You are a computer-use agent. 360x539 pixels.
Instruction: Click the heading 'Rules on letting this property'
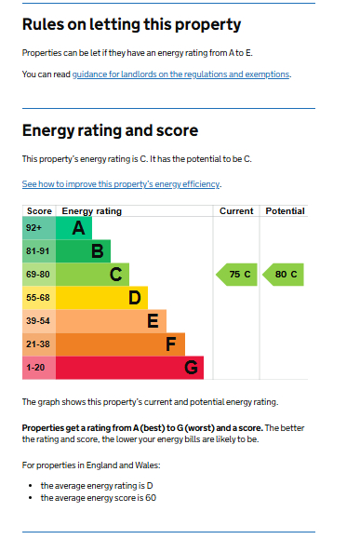pyautogui.click(x=131, y=25)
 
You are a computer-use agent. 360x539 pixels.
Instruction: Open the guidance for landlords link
pyautogui.click(x=181, y=74)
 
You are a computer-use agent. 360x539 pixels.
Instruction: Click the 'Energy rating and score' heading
pyautogui.click(x=110, y=130)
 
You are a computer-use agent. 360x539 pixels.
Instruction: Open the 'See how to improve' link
pyautogui.click(x=121, y=184)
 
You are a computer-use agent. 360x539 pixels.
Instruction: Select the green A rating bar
pyautogui.click(x=74, y=228)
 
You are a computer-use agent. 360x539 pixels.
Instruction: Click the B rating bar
pyautogui.click(x=84, y=251)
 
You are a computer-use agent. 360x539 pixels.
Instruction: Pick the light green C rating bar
pyautogui.click(x=93, y=275)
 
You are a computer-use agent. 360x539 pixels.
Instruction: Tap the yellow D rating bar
pyautogui.click(x=102, y=298)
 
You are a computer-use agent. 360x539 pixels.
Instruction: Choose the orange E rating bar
pyautogui.click(x=112, y=321)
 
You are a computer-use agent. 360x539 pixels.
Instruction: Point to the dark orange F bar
pyautogui.click(x=121, y=344)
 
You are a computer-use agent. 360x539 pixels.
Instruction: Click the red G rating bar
pyautogui.click(x=130, y=368)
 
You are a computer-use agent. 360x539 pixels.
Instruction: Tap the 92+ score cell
pyautogui.click(x=39, y=228)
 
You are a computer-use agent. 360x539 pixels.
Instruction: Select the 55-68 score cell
pyautogui.click(x=39, y=298)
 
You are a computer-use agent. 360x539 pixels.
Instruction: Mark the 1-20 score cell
pyautogui.click(x=39, y=368)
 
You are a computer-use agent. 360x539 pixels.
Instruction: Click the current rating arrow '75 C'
pyautogui.click(x=235, y=275)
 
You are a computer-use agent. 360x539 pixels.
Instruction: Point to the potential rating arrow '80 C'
pyautogui.click(x=282, y=275)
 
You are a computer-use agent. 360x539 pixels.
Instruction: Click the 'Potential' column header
pyautogui.click(x=285, y=211)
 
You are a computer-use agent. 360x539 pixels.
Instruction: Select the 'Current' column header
pyautogui.click(x=236, y=211)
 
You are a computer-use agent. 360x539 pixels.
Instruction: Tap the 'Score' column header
pyautogui.click(x=39, y=211)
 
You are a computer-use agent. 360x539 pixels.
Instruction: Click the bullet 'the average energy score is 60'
pyautogui.click(x=98, y=498)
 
